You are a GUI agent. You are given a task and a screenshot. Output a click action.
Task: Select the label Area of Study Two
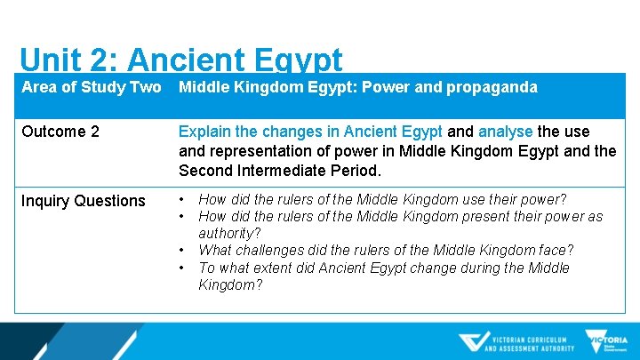92,87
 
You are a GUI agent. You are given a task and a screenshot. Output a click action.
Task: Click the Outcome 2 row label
60,132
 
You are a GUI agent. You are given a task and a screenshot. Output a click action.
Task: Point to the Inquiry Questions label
84,201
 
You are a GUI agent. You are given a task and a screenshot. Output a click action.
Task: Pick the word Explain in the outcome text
205,132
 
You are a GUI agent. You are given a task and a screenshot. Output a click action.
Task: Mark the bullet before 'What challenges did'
182,250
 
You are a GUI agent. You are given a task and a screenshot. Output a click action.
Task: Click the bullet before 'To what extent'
182,268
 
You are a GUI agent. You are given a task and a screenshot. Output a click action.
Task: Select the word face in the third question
554,251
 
